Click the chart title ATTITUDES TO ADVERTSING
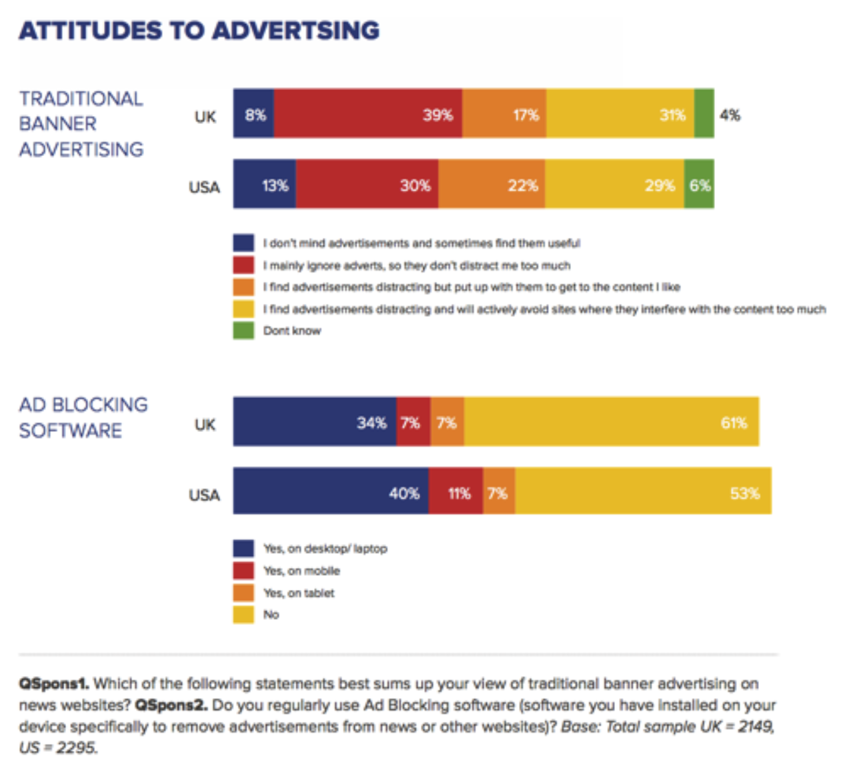click(x=199, y=31)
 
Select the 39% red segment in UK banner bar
click(x=367, y=114)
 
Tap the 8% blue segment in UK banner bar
click(x=253, y=114)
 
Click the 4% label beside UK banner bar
click(x=730, y=115)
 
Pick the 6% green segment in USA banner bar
click(x=699, y=185)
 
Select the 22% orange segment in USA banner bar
click(x=492, y=185)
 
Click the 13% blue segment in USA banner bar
click(x=265, y=185)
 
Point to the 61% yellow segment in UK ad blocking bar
click(x=612, y=422)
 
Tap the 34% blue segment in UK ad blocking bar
click(x=315, y=422)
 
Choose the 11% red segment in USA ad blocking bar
click(x=456, y=492)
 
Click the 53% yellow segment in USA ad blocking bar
click(x=643, y=492)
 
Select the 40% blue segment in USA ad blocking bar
click(x=331, y=492)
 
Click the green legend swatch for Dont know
click(x=243, y=331)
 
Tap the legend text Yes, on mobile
click(x=301, y=571)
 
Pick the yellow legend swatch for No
click(x=243, y=615)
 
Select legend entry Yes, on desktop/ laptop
click(x=325, y=549)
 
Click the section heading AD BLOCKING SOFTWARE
click(x=83, y=417)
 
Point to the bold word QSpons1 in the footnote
click(x=53, y=683)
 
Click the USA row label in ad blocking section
click(x=204, y=495)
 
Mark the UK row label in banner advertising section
click(x=205, y=117)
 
